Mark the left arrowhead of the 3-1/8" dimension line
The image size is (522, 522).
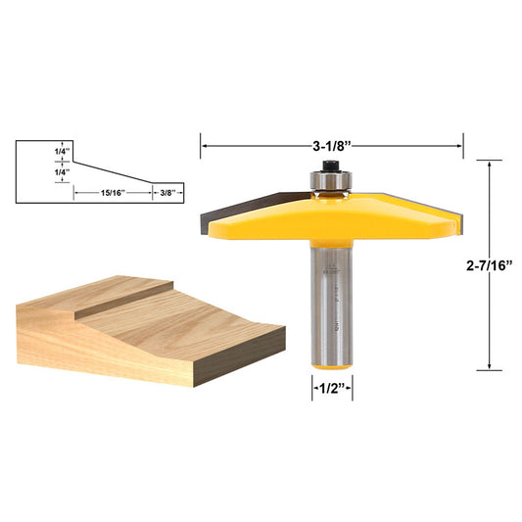coord(204,146)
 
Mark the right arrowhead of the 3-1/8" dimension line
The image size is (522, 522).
coord(460,146)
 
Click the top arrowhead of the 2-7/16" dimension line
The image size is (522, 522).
coord(487,163)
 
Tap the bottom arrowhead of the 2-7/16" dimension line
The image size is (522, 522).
coord(487,367)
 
